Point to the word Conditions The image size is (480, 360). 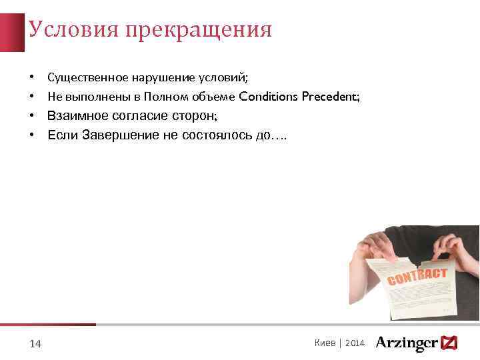[268, 97]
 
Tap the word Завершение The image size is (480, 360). [120, 135]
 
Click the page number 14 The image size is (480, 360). [36, 343]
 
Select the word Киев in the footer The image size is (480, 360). [324, 343]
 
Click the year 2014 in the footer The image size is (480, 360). [355, 343]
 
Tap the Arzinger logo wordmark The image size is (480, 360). [407, 343]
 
